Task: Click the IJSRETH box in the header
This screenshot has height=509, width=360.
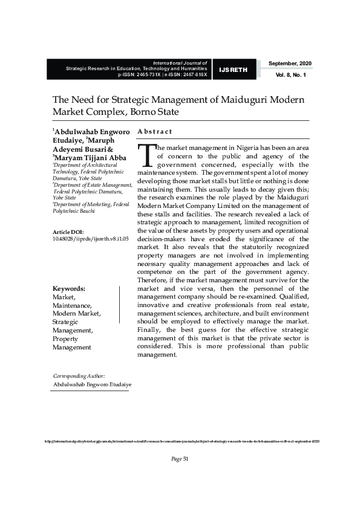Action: click(x=234, y=70)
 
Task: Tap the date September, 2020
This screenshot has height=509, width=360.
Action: click(x=290, y=63)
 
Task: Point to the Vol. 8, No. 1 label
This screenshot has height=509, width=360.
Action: click(x=290, y=75)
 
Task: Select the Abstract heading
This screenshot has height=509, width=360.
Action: click(x=155, y=131)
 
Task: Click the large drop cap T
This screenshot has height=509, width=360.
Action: click(x=146, y=156)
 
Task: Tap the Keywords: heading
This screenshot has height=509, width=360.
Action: click(x=68, y=288)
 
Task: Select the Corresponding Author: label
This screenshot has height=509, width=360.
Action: click(x=79, y=375)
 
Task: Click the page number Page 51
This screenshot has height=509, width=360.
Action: click(x=180, y=459)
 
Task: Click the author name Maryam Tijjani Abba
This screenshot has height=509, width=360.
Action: click(x=90, y=158)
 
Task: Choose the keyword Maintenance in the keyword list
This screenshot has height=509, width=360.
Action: click(x=72, y=305)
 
